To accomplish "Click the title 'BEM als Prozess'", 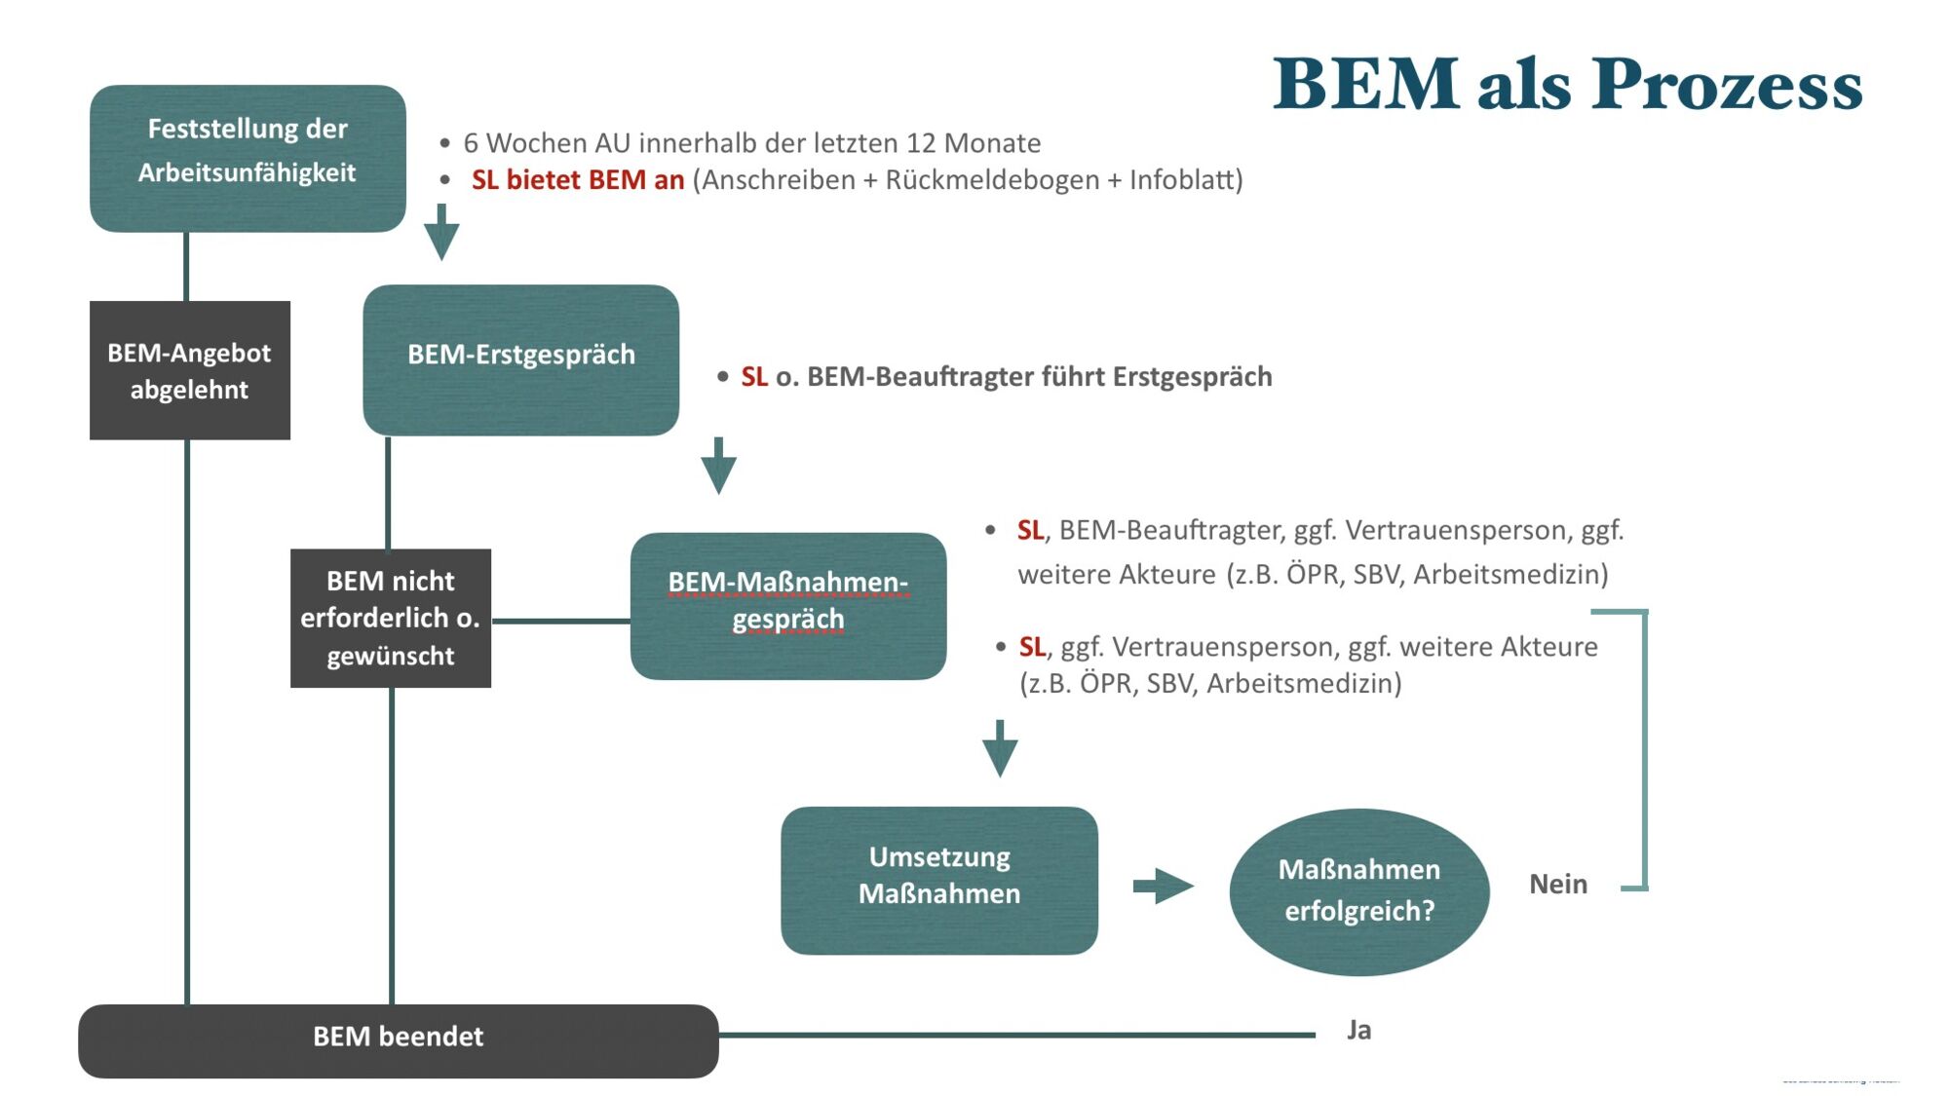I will (x=1567, y=84).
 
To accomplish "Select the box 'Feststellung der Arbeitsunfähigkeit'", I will (x=248, y=158).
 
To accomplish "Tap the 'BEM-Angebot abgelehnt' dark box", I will (x=189, y=370).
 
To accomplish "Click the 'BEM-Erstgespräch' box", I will (x=520, y=359).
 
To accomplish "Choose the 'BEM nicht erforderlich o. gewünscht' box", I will (x=390, y=618).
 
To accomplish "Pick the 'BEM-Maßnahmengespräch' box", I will (x=787, y=605).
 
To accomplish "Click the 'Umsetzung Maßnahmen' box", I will (x=938, y=880).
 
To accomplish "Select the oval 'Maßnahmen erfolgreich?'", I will (x=1358, y=890).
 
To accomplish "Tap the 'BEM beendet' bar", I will (x=398, y=1039).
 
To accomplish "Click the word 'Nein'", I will (x=1557, y=884).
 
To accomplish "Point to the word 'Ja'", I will (x=1358, y=1030).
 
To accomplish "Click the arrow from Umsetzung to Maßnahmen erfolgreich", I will (x=1162, y=886).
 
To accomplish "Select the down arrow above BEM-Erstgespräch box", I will (x=441, y=232).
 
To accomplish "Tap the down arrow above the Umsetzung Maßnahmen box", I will (x=999, y=748).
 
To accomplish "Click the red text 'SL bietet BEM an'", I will (x=578, y=180).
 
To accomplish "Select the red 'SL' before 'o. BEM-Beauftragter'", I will (x=754, y=377).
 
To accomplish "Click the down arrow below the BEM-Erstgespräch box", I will (x=718, y=466).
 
